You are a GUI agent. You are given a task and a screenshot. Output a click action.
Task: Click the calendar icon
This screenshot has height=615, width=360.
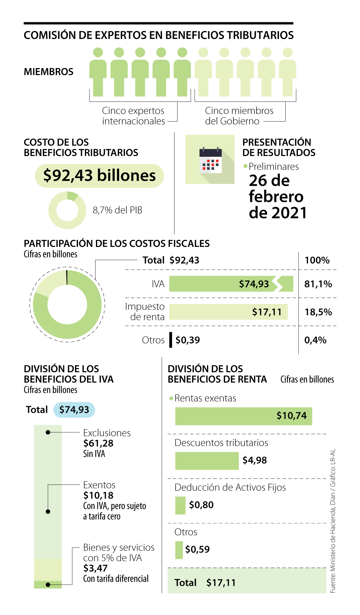tap(210, 160)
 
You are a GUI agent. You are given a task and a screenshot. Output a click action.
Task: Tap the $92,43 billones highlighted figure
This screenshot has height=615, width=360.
tap(99, 175)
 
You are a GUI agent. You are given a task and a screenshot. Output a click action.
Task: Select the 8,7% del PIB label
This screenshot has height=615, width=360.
tap(117, 210)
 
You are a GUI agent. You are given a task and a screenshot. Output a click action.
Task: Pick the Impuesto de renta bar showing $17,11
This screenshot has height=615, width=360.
tap(228, 312)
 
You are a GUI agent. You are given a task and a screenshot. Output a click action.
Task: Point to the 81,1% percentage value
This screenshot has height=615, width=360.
tap(318, 284)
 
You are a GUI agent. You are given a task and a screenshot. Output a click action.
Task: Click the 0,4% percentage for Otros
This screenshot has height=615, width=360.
tap(315, 340)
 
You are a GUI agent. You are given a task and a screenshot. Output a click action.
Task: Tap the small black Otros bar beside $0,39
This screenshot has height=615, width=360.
tap(171, 340)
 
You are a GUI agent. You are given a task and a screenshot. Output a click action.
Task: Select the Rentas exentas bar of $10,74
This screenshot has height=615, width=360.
tap(243, 416)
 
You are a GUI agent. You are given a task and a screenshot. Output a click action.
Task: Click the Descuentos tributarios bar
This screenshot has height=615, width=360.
tap(207, 460)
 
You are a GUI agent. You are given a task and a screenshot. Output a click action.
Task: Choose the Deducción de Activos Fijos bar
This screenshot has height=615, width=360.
tap(180, 505)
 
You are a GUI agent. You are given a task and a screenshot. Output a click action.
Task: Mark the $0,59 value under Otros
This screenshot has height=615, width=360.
tap(197, 549)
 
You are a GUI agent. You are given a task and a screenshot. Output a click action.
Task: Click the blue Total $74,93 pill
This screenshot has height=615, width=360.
tap(74, 410)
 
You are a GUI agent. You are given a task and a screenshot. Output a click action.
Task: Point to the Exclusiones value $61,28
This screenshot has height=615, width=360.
tap(98, 443)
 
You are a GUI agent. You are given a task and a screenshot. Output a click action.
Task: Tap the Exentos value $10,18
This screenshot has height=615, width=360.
tap(98, 495)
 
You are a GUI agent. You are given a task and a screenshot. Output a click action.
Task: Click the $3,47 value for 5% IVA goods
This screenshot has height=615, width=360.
tap(95, 568)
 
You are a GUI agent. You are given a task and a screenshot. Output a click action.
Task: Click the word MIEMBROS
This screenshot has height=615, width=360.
tap(49, 72)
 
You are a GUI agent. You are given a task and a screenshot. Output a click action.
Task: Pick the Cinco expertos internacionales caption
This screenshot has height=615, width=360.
tap(133, 116)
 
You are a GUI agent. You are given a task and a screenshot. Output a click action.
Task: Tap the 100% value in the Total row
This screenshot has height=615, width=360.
tap(317, 260)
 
